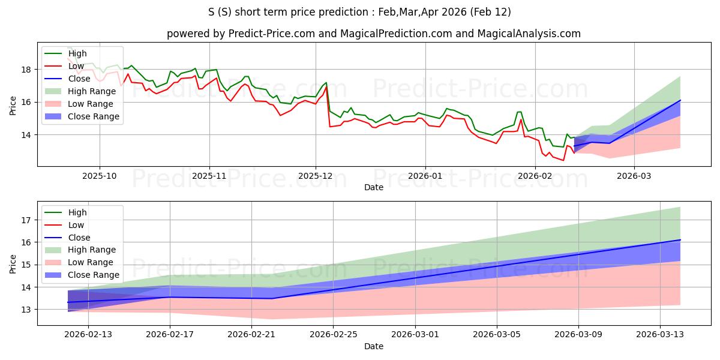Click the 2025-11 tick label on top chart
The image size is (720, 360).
click(x=209, y=176)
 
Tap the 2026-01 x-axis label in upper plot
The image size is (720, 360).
click(x=425, y=176)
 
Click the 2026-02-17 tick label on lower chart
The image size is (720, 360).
click(x=170, y=334)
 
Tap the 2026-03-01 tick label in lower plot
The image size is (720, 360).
click(x=415, y=334)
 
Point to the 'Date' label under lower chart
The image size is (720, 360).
click(x=373, y=346)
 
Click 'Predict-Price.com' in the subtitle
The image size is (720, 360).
click(x=272, y=34)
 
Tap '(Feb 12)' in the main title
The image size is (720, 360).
click(x=491, y=12)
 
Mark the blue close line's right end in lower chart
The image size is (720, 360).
click(x=680, y=240)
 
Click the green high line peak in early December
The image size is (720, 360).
click(x=326, y=83)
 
